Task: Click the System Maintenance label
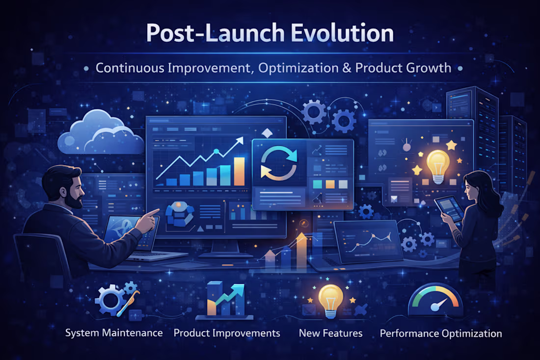(114, 333)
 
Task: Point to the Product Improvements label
(227, 333)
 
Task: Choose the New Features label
(330, 333)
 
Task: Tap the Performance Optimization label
(441, 333)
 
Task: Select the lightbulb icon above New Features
(327, 298)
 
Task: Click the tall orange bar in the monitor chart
(239, 171)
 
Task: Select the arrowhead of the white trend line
(240, 140)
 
